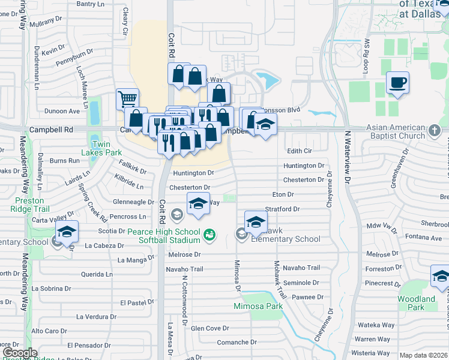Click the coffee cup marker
tap(397, 82)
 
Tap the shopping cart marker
tap(127, 99)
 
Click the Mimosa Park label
tap(258, 307)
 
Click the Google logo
tap(20, 353)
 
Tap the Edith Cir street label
tap(300, 151)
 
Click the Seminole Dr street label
tap(303, 283)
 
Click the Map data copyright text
tap(423, 355)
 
